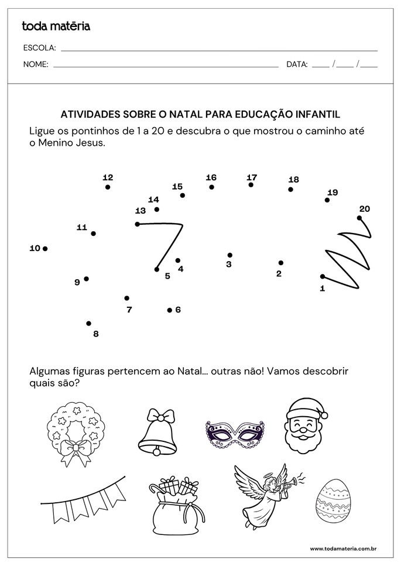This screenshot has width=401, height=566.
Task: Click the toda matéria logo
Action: pos(56,26)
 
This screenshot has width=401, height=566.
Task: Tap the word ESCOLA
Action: pos(39,47)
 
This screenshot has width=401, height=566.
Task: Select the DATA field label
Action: pos(297,64)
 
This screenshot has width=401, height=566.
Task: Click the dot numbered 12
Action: pos(108,187)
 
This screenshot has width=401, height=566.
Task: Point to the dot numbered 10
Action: pos(45,249)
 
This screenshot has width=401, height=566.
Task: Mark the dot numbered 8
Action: pos(89,323)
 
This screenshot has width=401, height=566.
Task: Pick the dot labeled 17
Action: pos(251,185)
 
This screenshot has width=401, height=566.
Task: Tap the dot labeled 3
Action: pos(230,255)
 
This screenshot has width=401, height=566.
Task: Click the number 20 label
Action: pos(364,209)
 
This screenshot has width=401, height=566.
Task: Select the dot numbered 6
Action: pos(170,310)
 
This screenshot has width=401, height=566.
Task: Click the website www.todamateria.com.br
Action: pos(342,548)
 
